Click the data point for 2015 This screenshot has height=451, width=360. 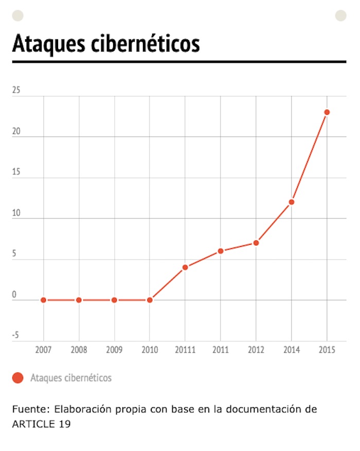327,112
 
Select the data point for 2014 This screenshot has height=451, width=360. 292,202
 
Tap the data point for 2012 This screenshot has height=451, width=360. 256,243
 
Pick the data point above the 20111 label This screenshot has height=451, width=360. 185,267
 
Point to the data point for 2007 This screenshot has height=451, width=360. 43,300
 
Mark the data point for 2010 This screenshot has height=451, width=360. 150,300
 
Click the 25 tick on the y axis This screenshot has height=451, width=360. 16,91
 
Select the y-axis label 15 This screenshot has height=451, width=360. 16,172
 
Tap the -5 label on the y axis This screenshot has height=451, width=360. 15,336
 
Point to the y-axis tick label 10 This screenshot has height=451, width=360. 16,213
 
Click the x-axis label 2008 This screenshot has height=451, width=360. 79,350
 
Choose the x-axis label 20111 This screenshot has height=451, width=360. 185,350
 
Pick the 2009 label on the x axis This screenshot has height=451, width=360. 114,350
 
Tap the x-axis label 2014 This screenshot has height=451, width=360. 292,350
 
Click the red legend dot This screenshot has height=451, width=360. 18,378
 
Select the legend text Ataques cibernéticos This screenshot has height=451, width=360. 71,378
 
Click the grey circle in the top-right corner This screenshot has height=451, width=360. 341,15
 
